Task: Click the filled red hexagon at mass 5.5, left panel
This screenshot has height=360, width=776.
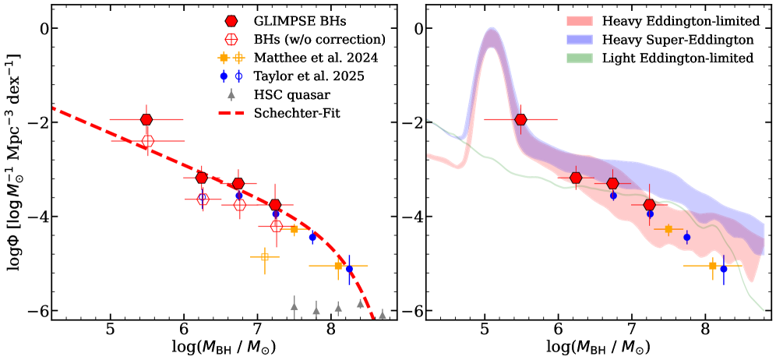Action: pyautogui.click(x=146, y=119)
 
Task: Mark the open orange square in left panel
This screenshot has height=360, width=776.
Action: pyautogui.click(x=265, y=256)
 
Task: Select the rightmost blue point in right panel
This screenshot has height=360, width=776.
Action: pyautogui.click(x=724, y=269)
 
